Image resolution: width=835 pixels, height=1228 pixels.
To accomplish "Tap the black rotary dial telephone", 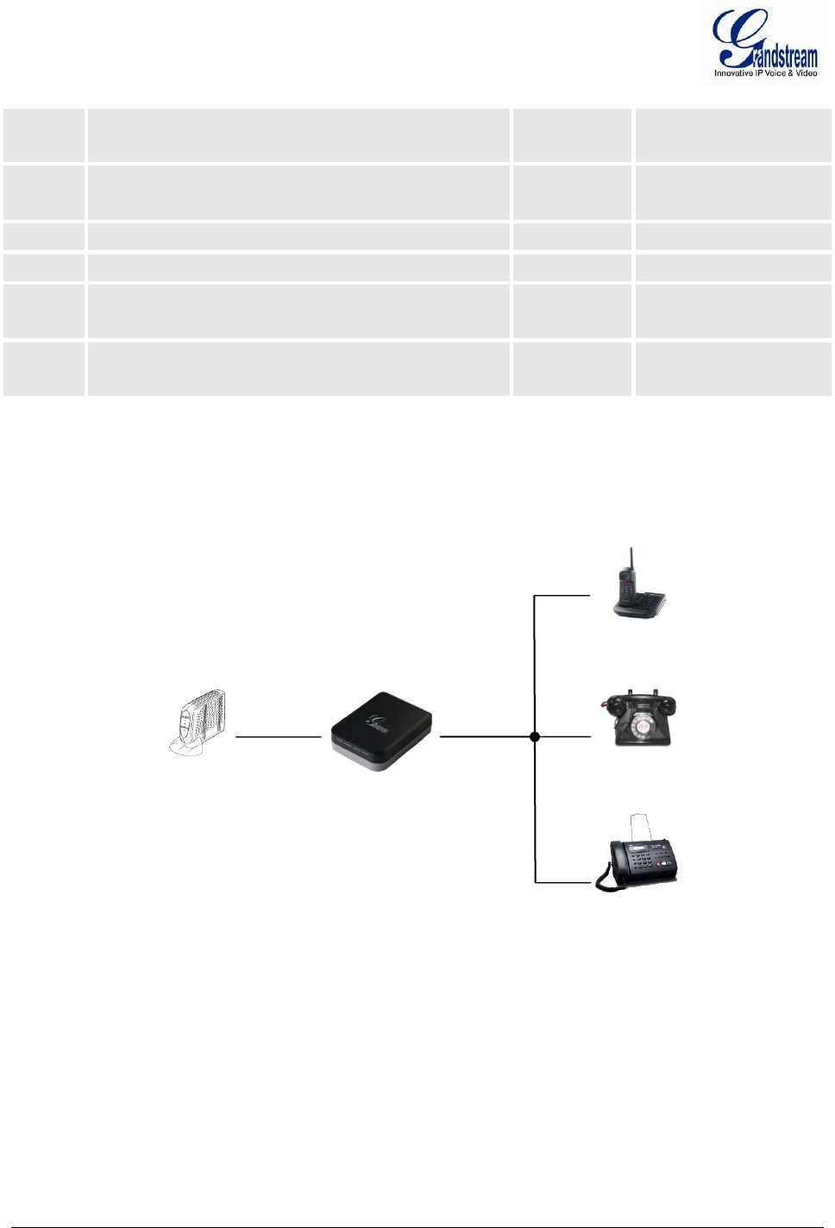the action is tap(639, 719).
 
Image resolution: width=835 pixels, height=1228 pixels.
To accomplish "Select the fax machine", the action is tap(641, 857).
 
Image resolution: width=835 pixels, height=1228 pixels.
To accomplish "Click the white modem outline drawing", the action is tap(198, 723).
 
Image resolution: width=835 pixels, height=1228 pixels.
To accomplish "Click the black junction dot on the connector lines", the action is tap(535, 736).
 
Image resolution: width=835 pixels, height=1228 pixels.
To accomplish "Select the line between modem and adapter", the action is tap(278, 736).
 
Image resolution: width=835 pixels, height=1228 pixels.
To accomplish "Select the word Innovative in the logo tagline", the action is tap(732, 73).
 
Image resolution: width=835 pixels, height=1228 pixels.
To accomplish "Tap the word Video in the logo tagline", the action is tap(807, 73).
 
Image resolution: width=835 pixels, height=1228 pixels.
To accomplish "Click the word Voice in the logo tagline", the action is tap(775, 73).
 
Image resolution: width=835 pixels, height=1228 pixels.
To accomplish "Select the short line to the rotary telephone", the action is tap(564, 736).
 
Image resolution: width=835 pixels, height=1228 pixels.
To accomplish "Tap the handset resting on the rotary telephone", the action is tap(638, 698).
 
